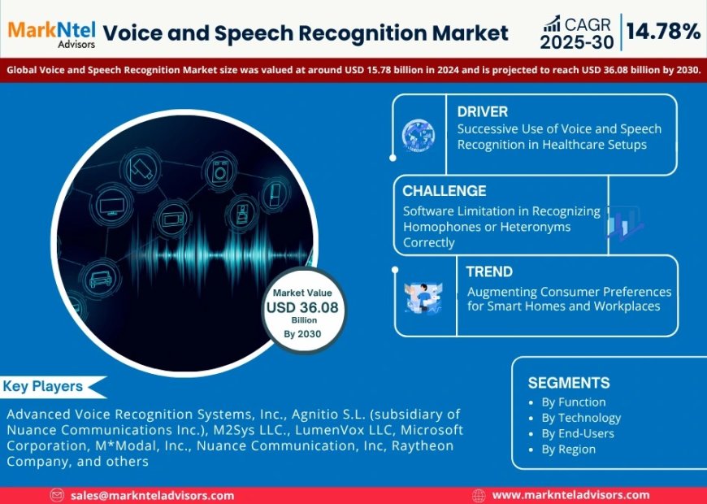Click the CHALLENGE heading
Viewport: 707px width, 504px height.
pos(445,191)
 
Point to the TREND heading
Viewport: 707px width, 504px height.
pos(488,272)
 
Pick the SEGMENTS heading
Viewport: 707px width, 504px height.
pos(568,383)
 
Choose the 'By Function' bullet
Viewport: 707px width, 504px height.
pos(573,402)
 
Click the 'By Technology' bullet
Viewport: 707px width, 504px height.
pos(581,418)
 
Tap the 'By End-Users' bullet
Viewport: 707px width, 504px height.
pos(578,433)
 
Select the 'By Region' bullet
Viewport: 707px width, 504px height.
pos(568,449)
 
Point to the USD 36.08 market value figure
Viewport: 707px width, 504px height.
pos(302,308)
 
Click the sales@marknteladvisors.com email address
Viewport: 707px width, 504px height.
pos(152,495)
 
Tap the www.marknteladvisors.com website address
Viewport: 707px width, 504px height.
pos(570,495)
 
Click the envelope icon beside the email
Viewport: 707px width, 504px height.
pos(57,495)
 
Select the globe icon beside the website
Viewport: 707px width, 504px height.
pos(478,495)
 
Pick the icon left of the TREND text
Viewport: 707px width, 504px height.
pos(423,297)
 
